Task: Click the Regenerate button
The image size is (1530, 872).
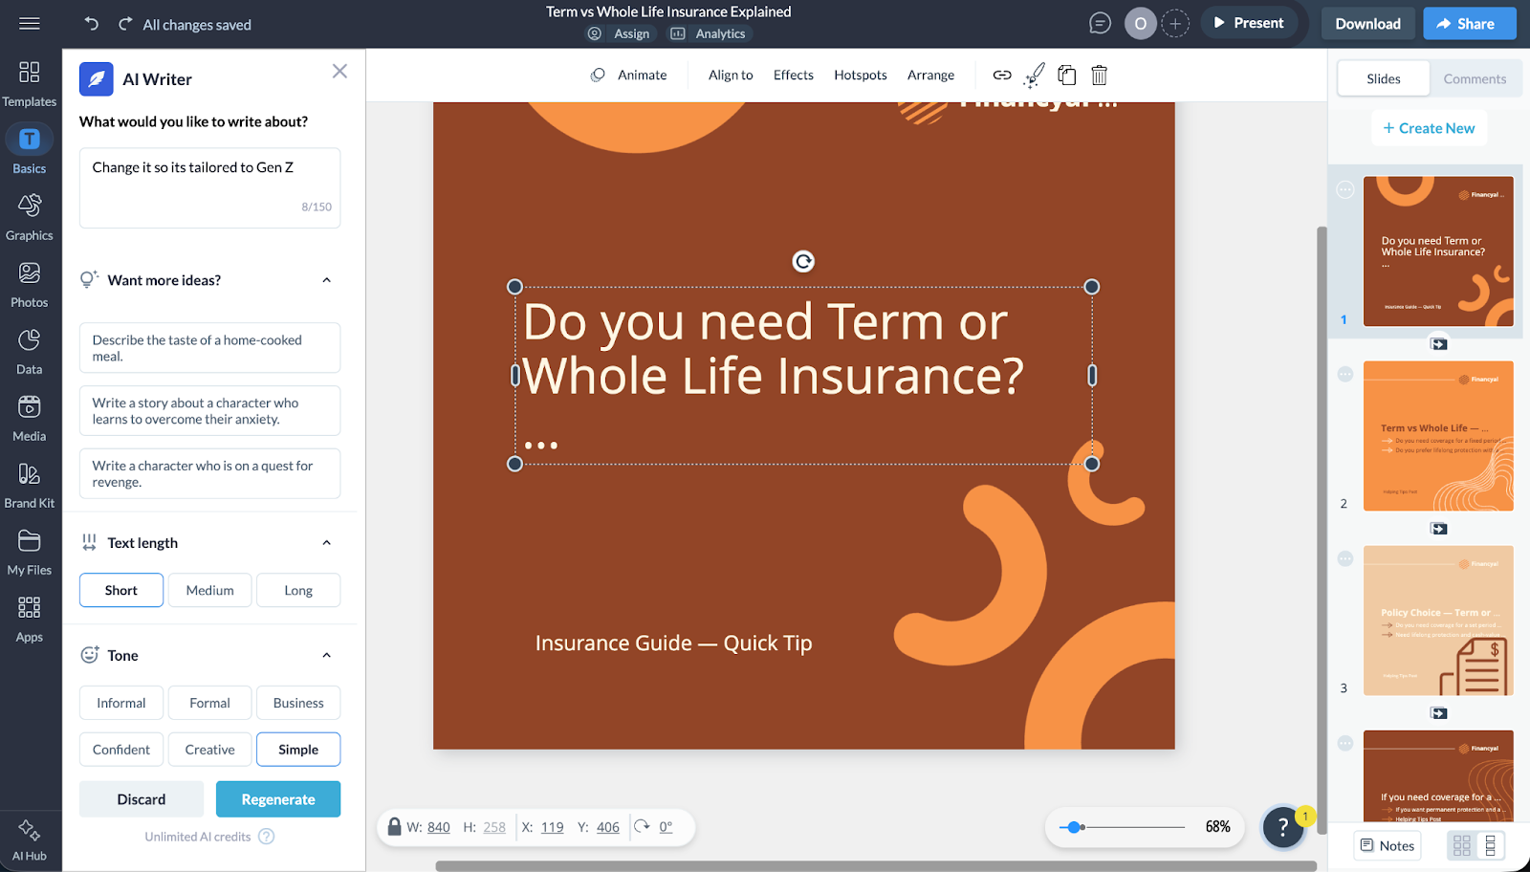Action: point(277,799)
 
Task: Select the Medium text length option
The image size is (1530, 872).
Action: point(209,590)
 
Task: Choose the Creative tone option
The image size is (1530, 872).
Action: point(209,750)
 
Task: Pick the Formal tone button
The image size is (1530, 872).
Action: point(209,703)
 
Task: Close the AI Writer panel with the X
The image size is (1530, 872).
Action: point(339,72)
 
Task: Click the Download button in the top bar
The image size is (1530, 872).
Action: point(1367,24)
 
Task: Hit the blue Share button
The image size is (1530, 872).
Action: point(1468,24)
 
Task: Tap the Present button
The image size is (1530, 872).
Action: point(1248,23)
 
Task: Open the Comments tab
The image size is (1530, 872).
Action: point(1474,79)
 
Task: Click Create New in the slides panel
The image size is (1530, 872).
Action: point(1429,128)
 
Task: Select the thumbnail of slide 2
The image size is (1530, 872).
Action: point(1437,436)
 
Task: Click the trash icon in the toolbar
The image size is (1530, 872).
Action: point(1099,75)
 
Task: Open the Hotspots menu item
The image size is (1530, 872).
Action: point(860,75)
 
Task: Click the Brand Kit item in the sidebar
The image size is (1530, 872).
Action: point(30,485)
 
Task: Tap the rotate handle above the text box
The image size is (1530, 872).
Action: point(803,262)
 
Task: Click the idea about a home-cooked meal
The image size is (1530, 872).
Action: point(209,348)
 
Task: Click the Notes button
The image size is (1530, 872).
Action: point(1387,845)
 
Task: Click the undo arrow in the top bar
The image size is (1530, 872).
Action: point(92,24)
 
